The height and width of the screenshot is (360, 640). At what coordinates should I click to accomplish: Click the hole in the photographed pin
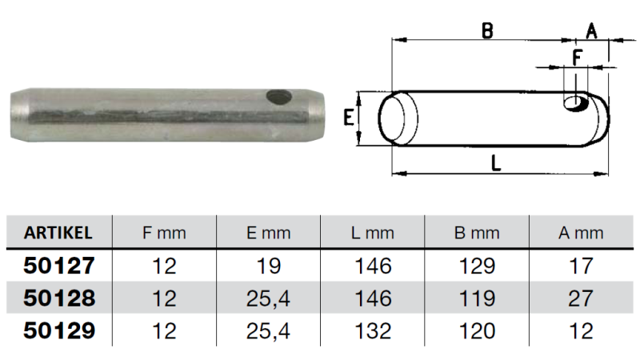pyautogui.click(x=278, y=97)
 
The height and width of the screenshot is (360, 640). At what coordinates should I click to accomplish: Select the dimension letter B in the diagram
pyautogui.click(x=486, y=30)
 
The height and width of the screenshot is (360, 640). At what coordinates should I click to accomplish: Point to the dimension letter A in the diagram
pyautogui.click(x=591, y=30)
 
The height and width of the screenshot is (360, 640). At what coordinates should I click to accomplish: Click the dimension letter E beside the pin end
pyautogui.click(x=349, y=119)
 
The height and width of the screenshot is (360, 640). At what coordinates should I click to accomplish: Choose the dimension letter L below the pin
pyautogui.click(x=496, y=162)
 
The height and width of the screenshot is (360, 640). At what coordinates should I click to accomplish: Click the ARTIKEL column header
pyautogui.click(x=58, y=233)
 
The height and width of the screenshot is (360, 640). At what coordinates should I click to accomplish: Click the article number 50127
pyautogui.click(x=59, y=266)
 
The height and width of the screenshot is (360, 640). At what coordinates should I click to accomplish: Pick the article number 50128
pyautogui.click(x=59, y=298)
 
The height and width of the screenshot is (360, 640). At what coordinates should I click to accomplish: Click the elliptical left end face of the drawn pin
pyautogui.click(x=398, y=119)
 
